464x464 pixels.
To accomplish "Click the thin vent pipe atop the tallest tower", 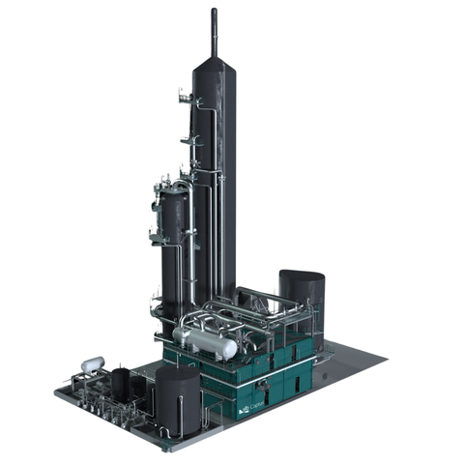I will (x=214, y=29).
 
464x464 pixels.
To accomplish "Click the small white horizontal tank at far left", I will (x=93, y=364).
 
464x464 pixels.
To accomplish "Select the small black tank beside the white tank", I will (x=120, y=382).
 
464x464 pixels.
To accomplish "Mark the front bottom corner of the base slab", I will (x=170, y=448).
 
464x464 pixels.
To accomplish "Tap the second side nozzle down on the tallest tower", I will (x=189, y=141).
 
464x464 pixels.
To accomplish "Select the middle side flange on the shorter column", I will (x=156, y=234).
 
